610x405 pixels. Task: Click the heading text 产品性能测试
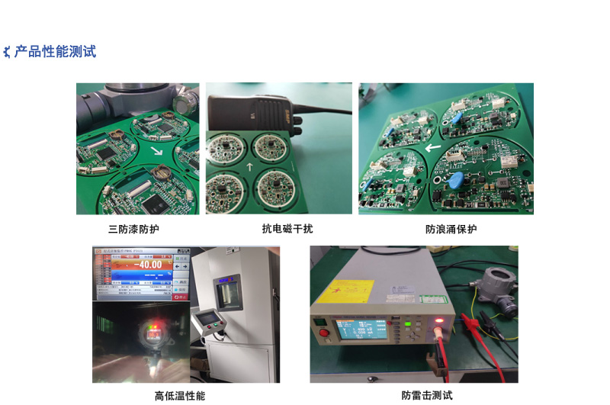pyautogui.click(x=55, y=52)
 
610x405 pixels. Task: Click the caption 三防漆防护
pyautogui.click(x=133, y=229)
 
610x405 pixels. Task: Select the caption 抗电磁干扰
pyautogui.click(x=287, y=229)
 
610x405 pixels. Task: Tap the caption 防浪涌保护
pyautogui.click(x=451, y=229)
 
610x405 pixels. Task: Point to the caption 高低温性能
pyautogui.click(x=180, y=396)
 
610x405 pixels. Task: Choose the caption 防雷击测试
pyautogui.click(x=427, y=396)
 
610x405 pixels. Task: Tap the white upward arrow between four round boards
pyautogui.click(x=250, y=166)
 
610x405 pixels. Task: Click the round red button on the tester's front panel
pyautogui.click(x=323, y=333)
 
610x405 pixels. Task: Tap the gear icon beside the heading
pyautogui.click(x=7, y=53)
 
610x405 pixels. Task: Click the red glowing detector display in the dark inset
pyautogui.click(x=152, y=332)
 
